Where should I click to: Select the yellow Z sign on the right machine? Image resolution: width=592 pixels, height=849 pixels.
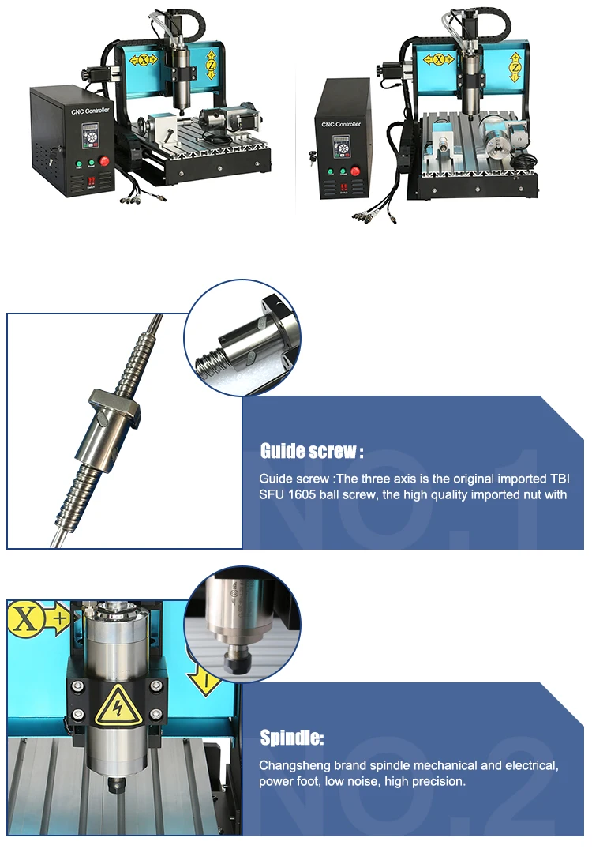(x=515, y=68)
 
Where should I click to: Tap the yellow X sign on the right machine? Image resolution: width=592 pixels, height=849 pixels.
(x=440, y=59)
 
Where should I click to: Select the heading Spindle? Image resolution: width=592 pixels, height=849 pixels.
(x=292, y=739)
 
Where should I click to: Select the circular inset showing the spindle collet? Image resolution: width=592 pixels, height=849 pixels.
(x=242, y=625)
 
